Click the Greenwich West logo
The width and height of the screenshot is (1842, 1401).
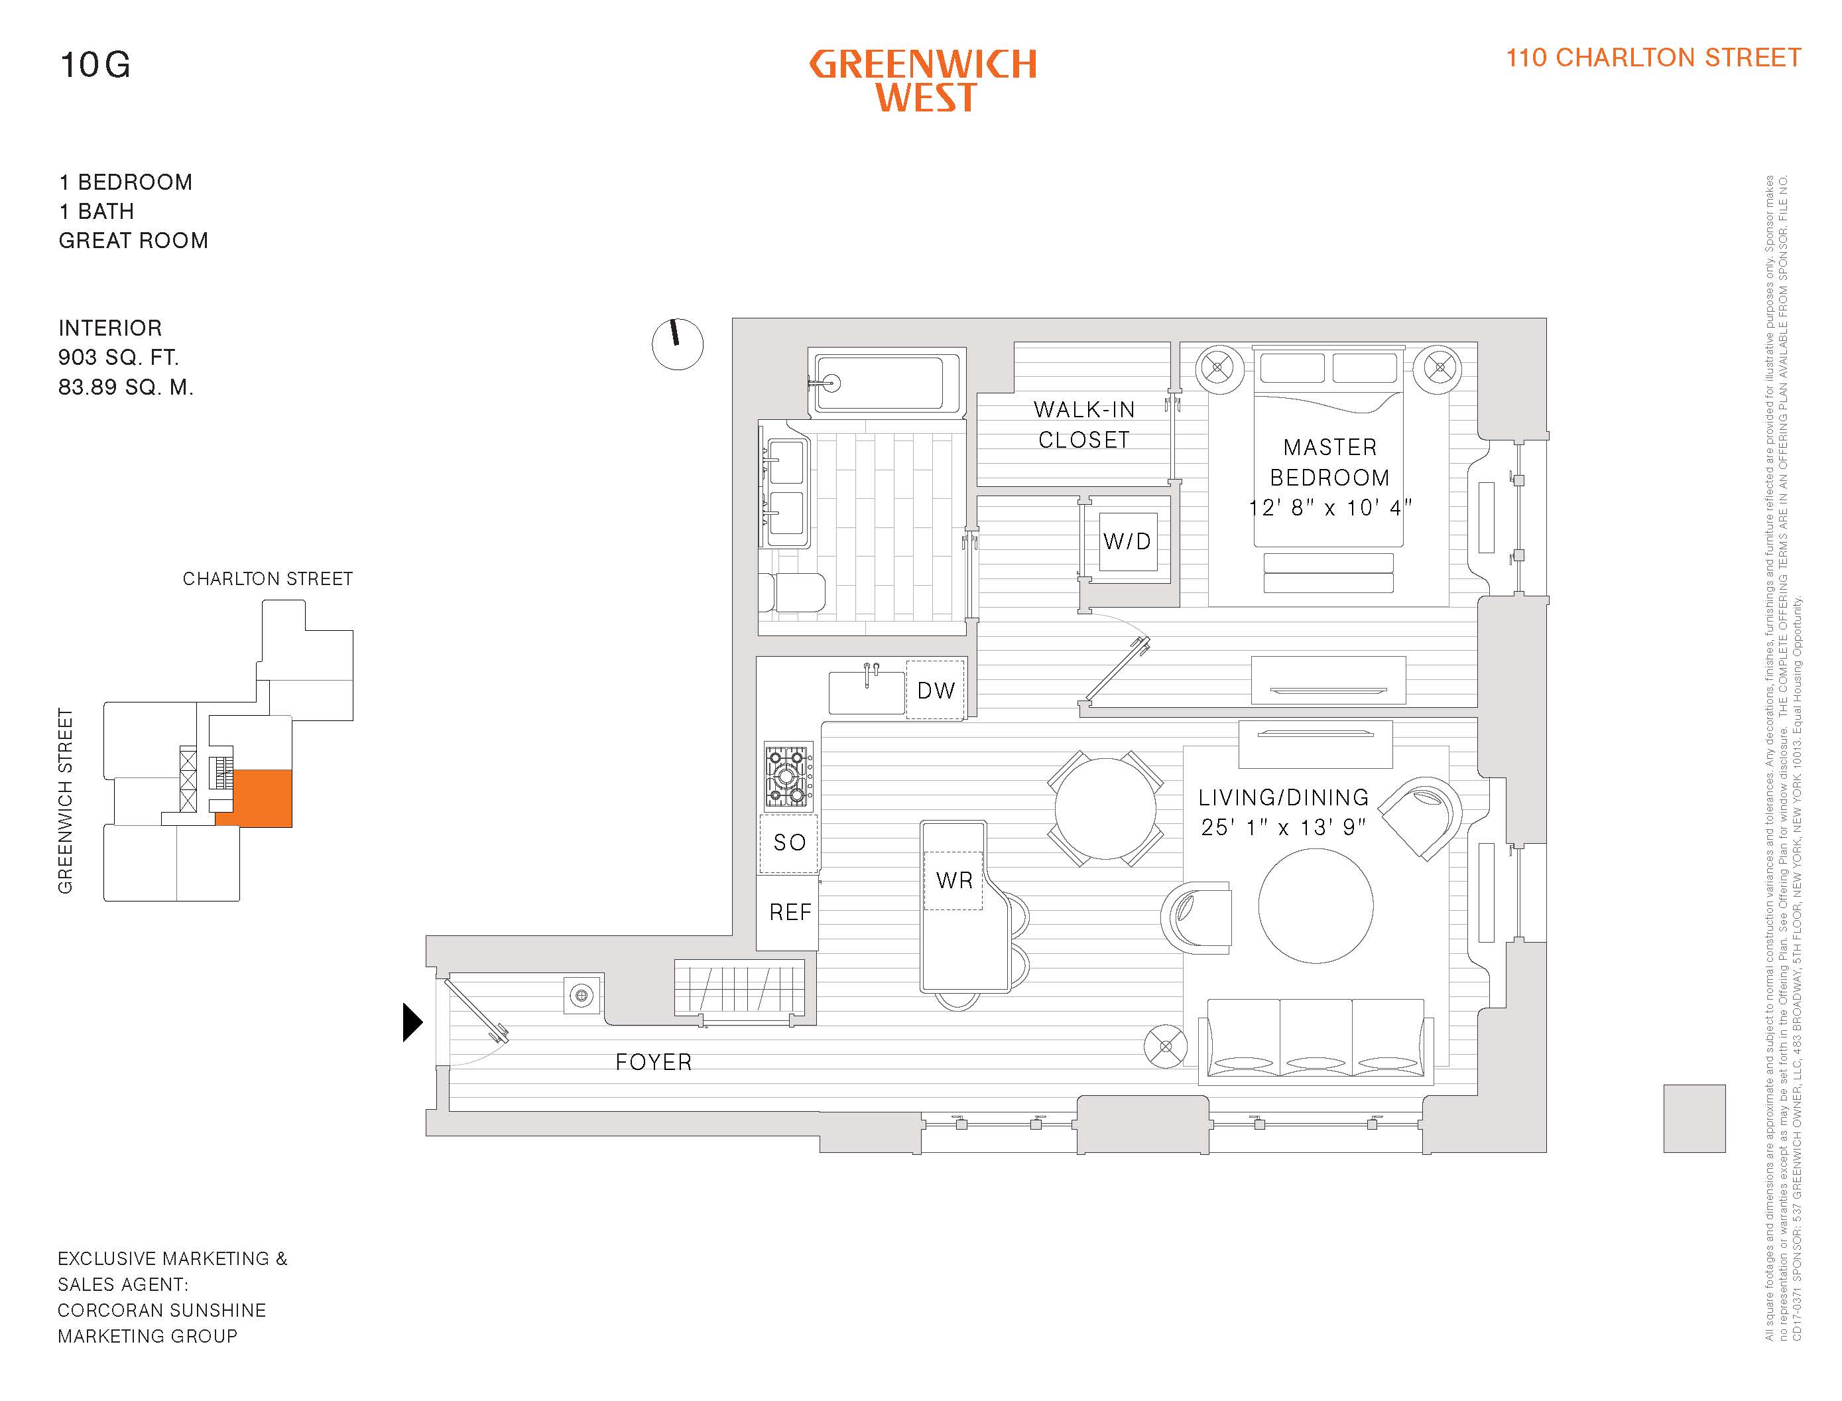tap(924, 81)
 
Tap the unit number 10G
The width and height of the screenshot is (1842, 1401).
tap(95, 65)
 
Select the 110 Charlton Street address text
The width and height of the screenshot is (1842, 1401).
tap(1653, 58)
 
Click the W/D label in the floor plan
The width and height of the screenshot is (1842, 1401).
tap(1127, 541)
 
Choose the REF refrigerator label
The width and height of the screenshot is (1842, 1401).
tap(789, 912)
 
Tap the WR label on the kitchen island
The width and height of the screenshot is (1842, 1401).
tap(954, 880)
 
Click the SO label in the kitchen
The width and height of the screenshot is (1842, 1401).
tap(789, 842)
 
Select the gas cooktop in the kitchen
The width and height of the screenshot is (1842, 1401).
tap(788, 775)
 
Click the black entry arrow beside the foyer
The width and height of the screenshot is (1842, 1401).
tap(412, 1022)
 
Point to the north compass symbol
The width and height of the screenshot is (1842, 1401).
tap(677, 344)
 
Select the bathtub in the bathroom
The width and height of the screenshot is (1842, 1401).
tap(887, 383)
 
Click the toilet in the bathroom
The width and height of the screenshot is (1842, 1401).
tap(792, 592)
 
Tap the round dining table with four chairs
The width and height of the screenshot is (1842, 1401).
tap(1105, 808)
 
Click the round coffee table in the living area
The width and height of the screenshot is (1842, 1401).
tap(1316, 905)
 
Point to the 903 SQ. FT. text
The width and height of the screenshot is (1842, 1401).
tap(118, 358)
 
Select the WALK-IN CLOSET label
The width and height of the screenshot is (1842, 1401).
tap(1083, 425)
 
